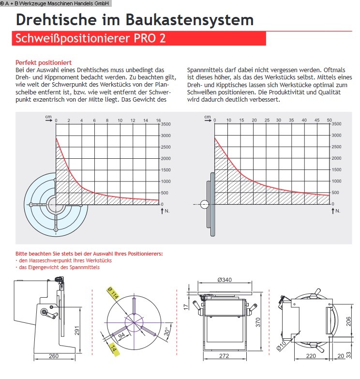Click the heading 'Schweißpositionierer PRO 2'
point(90,39)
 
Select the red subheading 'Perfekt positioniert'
point(44,62)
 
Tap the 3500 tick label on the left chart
point(165,124)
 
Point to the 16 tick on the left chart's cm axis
point(158,120)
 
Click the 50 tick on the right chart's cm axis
point(330,120)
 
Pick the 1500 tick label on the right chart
point(336,170)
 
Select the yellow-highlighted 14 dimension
point(114,349)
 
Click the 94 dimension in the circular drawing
point(120,335)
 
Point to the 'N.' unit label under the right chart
point(338,211)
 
